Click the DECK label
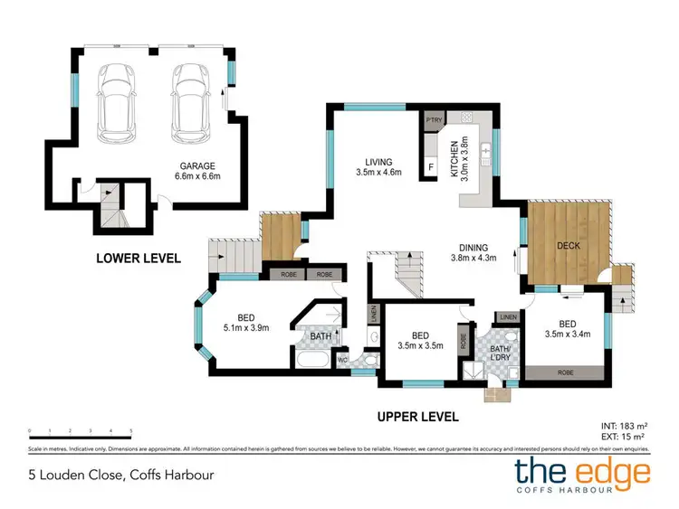[x=569, y=246]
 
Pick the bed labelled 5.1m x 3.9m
[x=245, y=323]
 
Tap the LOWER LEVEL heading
[x=139, y=259]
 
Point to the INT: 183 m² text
[x=625, y=425]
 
